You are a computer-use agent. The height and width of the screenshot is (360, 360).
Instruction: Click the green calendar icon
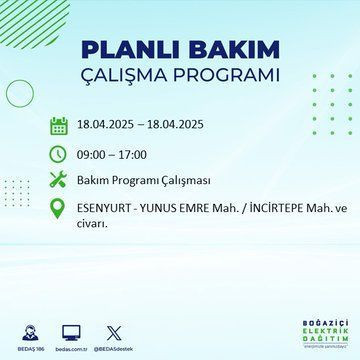click(x=59, y=127)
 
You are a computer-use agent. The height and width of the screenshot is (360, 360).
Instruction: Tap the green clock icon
click(x=59, y=155)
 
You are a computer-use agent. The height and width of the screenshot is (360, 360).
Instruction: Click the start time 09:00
click(x=94, y=155)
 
